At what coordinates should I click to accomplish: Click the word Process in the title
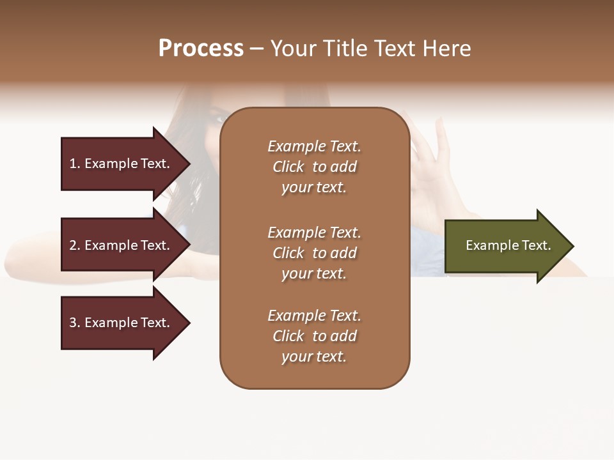(x=201, y=49)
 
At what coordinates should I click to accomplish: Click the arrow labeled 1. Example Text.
(x=122, y=164)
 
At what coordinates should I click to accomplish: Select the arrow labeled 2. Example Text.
(x=122, y=245)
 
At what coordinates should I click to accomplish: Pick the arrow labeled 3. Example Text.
(x=122, y=323)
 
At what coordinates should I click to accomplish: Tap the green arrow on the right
(x=505, y=246)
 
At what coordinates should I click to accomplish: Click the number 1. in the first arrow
(x=75, y=164)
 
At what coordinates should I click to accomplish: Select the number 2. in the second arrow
(x=75, y=245)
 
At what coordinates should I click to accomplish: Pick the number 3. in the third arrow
(x=75, y=323)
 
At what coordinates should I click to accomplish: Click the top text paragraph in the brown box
(x=314, y=167)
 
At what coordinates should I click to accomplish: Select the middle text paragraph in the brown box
(x=314, y=253)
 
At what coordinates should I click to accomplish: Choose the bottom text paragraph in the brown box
(x=314, y=336)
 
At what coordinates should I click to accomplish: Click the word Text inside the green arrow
(x=536, y=245)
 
